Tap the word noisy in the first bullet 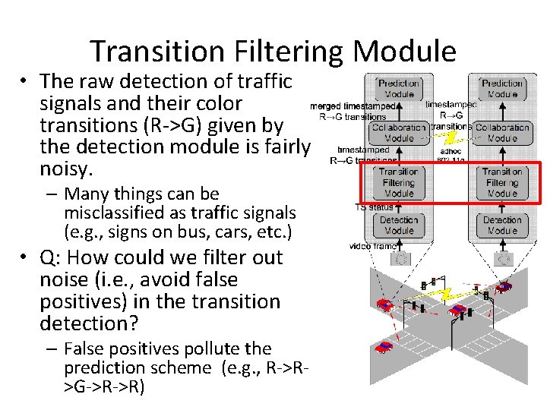tap(65, 168)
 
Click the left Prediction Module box tap(399, 89)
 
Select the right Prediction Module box tap(502, 89)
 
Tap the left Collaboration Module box tap(399, 133)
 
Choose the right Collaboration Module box tap(502, 133)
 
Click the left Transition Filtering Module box tap(399, 182)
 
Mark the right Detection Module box tap(502, 225)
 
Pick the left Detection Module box tap(399, 225)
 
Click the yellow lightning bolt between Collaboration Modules tap(451, 136)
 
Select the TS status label tap(374, 207)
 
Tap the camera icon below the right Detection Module tap(502, 258)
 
